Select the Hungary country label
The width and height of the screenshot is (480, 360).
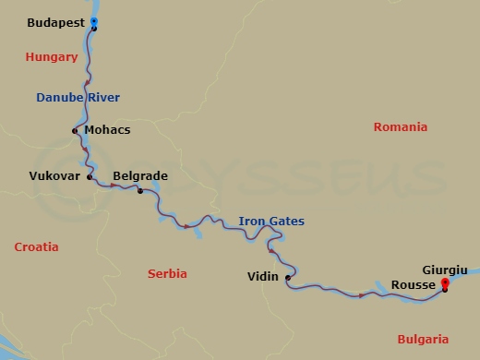pos(51,57)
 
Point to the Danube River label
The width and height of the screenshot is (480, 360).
pos(78,97)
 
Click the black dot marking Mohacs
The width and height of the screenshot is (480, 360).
pos(75,130)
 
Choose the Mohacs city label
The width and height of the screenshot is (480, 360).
pos(107,130)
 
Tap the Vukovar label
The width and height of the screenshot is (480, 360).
pos(53,174)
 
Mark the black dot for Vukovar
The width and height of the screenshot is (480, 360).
pos(90,175)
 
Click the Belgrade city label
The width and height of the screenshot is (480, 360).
pos(139,174)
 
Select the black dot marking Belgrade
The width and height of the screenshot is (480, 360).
pos(139,191)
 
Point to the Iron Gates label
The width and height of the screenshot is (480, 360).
pos(271,222)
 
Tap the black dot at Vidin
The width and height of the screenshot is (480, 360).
pos(288,277)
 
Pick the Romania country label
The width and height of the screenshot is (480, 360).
pos(401,127)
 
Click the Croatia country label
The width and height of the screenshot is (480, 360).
pos(37,247)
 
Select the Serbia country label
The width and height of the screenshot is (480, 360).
pos(167,274)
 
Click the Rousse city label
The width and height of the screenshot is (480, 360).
pos(414,285)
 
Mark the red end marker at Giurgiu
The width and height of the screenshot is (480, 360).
pos(445,283)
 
